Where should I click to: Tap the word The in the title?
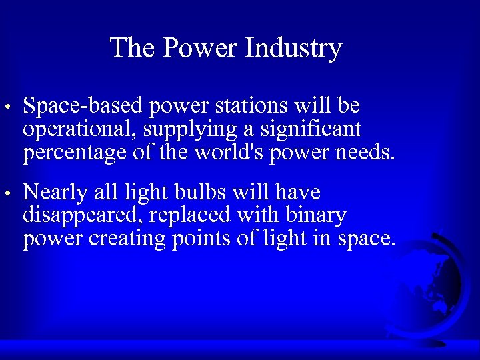(132, 48)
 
